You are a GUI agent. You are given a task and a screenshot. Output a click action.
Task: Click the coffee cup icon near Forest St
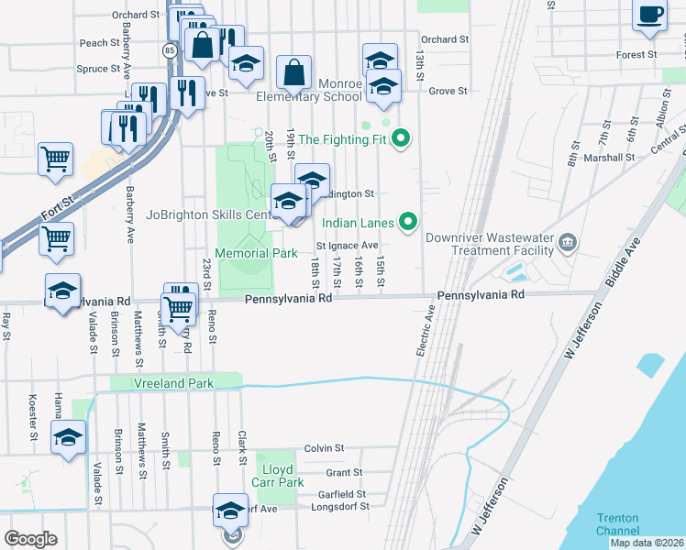[650, 16]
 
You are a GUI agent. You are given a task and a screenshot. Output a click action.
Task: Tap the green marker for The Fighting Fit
[400, 140]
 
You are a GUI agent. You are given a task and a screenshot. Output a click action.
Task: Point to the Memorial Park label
[255, 253]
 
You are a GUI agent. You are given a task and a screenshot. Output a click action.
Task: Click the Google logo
[30, 538]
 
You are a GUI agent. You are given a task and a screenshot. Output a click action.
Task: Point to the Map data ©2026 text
[647, 543]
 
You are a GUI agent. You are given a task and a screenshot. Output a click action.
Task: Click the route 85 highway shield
[171, 49]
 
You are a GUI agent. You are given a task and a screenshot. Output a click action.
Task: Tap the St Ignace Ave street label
[347, 246]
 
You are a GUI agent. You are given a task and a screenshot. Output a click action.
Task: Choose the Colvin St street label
[324, 448]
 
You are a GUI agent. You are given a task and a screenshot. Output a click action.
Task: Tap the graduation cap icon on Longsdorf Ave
[230, 511]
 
